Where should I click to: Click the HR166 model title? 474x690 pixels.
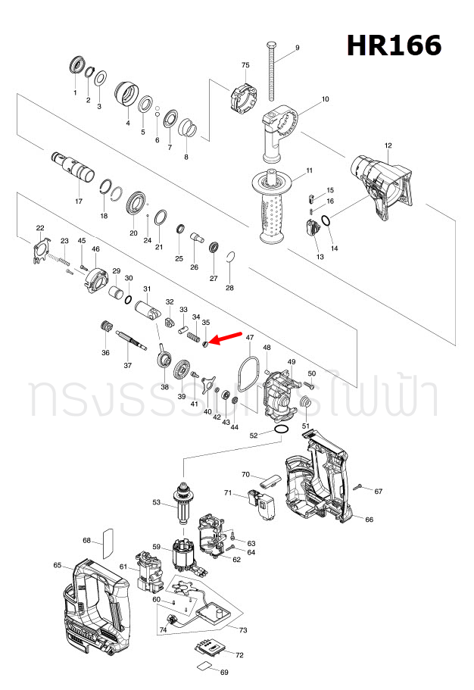coord(394,46)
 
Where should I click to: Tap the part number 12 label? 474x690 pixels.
coord(388,145)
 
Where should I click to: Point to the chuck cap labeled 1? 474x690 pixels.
coord(76,65)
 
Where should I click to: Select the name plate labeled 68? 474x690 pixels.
coord(107,539)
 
